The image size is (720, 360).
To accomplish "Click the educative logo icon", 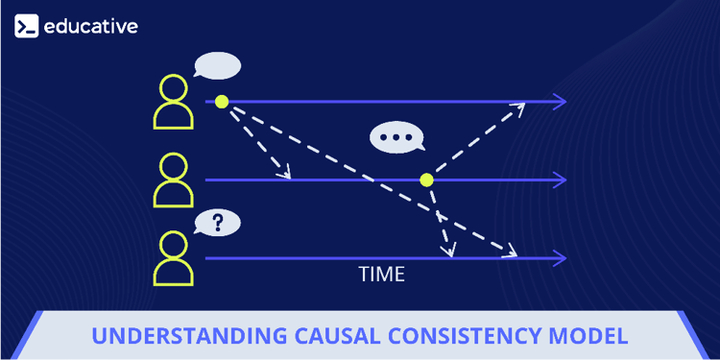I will [26, 26].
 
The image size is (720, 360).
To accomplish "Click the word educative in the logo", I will [91, 26].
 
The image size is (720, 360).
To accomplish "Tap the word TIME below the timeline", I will [382, 275].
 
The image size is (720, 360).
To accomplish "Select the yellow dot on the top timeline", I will [222, 101].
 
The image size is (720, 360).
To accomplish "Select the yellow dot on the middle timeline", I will [426, 180].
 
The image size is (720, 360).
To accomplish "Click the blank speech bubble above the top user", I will [217, 66].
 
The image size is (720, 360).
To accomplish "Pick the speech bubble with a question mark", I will [218, 224].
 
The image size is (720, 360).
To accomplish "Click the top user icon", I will [174, 102].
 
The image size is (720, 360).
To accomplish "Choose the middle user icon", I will [174, 180].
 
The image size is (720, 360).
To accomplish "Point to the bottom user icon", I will [174, 257].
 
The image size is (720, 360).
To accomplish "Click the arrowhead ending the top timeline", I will [559, 101].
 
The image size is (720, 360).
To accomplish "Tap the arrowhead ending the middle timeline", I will [559, 180].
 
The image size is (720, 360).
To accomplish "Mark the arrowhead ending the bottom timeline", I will [559, 257].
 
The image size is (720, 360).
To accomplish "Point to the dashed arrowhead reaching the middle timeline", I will [284, 174].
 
